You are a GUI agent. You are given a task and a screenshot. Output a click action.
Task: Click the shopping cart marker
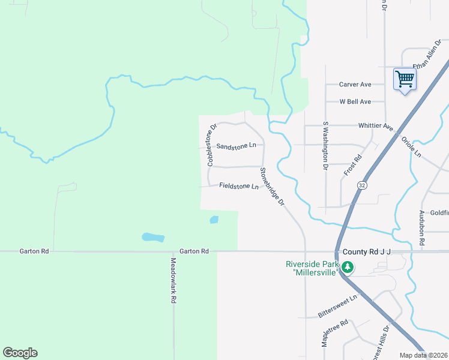coord(405,79)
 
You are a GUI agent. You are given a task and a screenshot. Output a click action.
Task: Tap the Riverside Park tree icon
coord(347,268)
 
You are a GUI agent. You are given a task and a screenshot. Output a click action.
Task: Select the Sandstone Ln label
coord(236,146)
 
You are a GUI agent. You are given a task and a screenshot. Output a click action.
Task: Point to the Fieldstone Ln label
coord(238,186)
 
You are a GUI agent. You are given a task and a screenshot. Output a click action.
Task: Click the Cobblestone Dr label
coord(211,145)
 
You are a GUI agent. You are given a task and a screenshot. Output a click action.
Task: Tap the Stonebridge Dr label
coord(272,186)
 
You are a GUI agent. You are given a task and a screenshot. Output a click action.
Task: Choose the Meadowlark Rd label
coord(173,280)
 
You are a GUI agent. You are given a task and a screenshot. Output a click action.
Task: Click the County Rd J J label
coord(366,252)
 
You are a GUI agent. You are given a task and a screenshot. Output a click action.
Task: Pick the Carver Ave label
coord(355,85)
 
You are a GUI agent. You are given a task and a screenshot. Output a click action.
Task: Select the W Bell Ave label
coord(355,102)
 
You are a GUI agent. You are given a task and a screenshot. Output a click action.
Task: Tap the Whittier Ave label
coord(375,127)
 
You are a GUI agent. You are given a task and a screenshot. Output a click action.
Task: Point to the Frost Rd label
coord(353,164)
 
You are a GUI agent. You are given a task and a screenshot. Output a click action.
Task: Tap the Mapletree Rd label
coord(335,331)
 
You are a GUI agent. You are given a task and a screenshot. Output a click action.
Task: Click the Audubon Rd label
coord(423,226)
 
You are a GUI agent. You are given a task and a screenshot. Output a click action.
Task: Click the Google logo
coord(20,353)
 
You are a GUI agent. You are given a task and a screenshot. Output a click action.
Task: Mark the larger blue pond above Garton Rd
coord(153,237)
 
